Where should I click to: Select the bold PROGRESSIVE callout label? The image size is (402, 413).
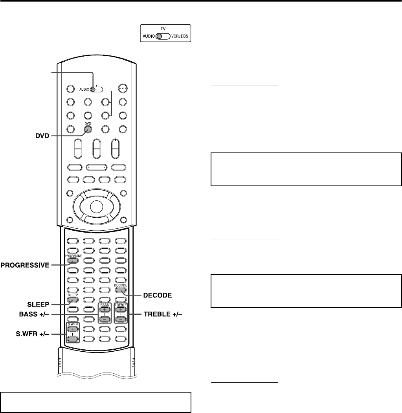25,265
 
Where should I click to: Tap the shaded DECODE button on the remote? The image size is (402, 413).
121,290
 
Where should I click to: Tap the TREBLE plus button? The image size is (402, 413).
121,309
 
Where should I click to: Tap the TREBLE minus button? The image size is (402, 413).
121,319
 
